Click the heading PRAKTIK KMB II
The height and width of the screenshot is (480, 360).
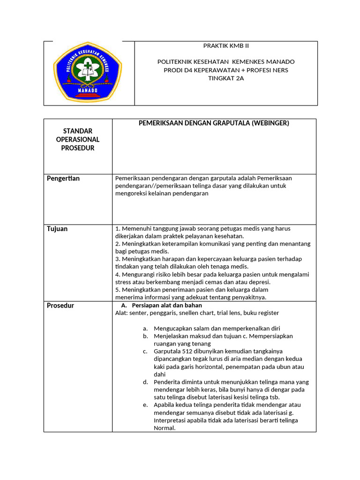pos(226,45)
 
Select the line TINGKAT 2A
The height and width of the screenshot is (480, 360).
pos(226,78)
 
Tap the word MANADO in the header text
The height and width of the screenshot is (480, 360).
pos(280,62)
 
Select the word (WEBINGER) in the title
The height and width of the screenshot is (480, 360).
pos(269,123)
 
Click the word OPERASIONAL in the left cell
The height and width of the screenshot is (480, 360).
pos(78,140)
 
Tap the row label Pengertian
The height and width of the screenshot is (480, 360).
pos(63,179)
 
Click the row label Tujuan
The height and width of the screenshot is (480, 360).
pos(57,229)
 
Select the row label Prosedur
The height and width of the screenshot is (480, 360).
pos(60,306)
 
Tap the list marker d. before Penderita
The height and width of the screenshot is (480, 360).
pos(146,382)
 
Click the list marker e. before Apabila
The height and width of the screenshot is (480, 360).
pos(146,405)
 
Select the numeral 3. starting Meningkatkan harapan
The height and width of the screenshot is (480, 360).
pos(118,259)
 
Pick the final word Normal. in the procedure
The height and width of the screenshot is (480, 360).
pos(165,428)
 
